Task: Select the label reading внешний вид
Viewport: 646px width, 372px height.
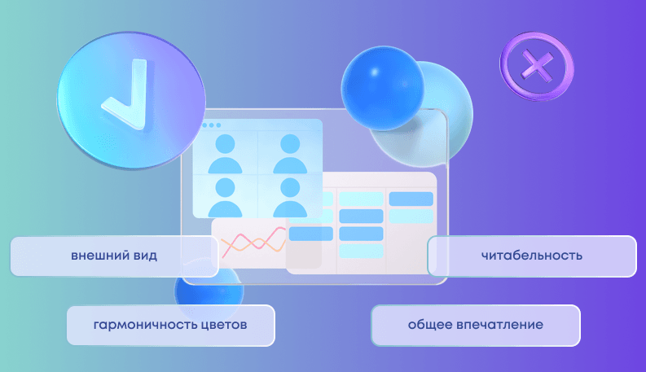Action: point(114,256)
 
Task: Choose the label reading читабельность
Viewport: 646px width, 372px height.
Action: point(531,256)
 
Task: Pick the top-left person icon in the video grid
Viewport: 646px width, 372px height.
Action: point(225,154)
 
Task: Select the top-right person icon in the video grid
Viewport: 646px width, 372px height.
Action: point(289,154)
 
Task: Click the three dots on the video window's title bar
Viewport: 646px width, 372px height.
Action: point(212,126)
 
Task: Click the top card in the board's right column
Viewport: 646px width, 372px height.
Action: point(411,199)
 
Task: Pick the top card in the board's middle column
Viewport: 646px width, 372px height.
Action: point(361,199)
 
